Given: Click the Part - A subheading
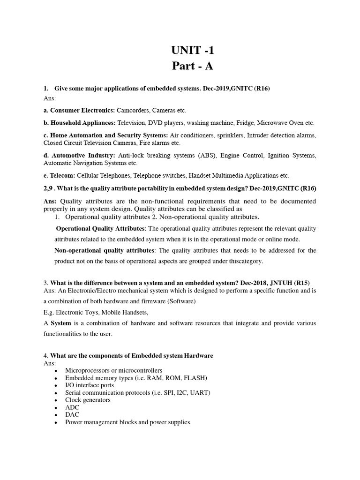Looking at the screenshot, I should pyautogui.click(x=192, y=66).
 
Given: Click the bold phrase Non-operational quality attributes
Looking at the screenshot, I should pyautogui.click(x=104, y=250).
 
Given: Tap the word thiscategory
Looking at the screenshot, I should pyautogui.click(x=246, y=261).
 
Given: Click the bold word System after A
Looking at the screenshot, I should pyautogui.click(x=60, y=323).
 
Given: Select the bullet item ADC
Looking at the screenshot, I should pyautogui.click(x=72, y=407).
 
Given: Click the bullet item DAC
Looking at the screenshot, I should pyautogui.click(x=72, y=415).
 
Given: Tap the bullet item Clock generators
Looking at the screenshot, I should pyautogui.click(x=88, y=400).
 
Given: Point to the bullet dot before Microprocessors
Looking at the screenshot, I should pyautogui.click(x=56, y=371).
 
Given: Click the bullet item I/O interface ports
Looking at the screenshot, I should pyautogui.click(x=90, y=385).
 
